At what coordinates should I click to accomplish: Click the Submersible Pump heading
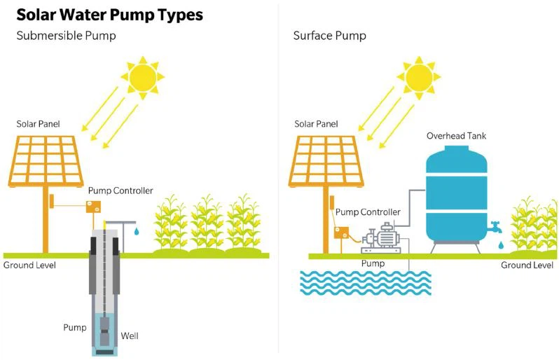[x=67, y=36]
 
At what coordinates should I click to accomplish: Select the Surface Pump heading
[x=329, y=36]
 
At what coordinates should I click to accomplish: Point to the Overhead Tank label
[x=456, y=135]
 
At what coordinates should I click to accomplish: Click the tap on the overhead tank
[x=495, y=227]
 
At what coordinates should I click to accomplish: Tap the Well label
[x=130, y=335]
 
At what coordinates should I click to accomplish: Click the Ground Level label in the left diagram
[x=29, y=265]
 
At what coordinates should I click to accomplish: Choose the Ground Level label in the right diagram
[x=527, y=265]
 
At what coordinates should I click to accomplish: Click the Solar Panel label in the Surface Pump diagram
[x=316, y=124]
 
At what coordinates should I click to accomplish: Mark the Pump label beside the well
[x=75, y=327]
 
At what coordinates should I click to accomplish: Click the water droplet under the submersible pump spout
[x=138, y=230]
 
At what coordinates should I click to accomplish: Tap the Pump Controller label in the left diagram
[x=120, y=191]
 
